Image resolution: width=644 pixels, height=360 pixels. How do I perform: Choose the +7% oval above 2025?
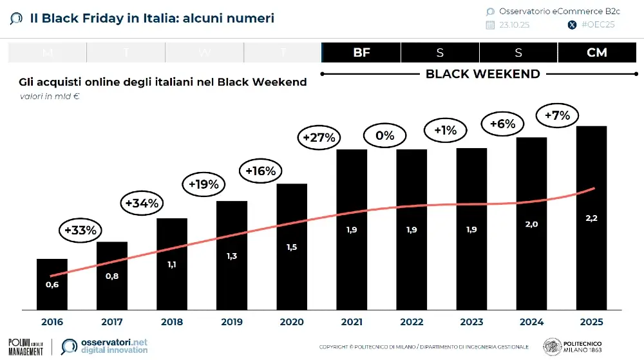558,116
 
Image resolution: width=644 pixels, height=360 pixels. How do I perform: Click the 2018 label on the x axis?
171,321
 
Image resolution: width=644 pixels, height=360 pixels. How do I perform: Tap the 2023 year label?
471,321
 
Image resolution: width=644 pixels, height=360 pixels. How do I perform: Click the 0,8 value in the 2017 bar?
112,276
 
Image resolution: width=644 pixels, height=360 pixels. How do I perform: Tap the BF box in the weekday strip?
361,53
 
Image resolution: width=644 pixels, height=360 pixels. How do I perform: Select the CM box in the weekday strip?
597,53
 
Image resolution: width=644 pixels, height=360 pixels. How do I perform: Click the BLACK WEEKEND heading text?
483,74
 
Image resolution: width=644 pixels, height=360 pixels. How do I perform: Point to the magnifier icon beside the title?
17,19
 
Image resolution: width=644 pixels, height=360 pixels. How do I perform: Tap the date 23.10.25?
514,25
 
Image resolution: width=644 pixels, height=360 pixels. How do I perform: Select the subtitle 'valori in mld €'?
48,97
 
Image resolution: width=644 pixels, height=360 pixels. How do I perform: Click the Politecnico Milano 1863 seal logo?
551,346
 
